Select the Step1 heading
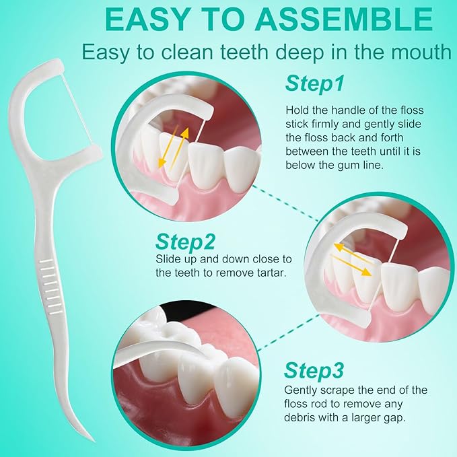click(315, 84)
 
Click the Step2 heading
click(185, 241)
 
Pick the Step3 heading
click(314, 370)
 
